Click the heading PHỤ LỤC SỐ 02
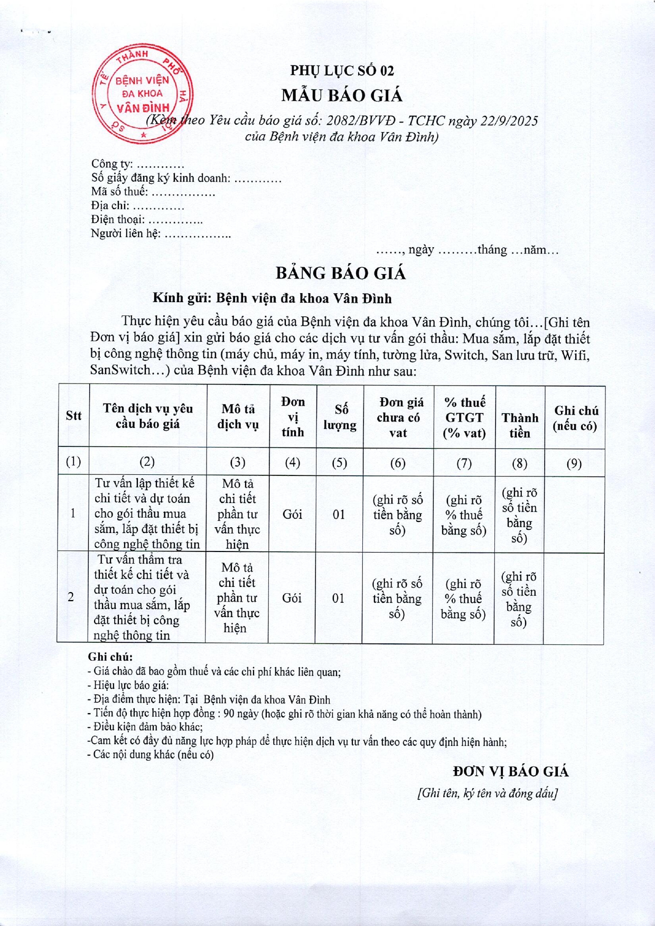[342, 70]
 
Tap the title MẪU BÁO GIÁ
[342, 96]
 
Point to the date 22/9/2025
[509, 121]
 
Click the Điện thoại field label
[118, 219]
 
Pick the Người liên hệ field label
[126, 233]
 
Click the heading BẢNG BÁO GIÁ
[341, 273]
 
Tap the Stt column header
[73, 416]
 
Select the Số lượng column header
[340, 417]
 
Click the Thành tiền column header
[520, 425]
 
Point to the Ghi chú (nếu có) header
[575, 418]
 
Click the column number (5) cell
[339, 463]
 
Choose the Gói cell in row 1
[292, 514]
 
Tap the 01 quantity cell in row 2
[338, 598]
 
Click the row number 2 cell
[71, 597]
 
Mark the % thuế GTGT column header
[464, 417]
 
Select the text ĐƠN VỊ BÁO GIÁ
[510, 772]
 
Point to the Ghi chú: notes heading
[110, 657]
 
